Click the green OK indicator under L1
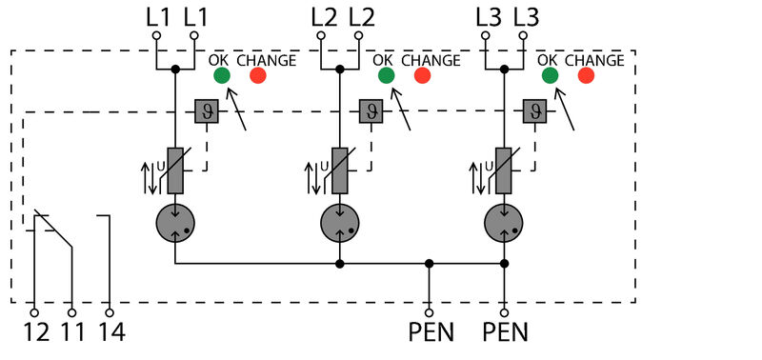(x=221, y=76)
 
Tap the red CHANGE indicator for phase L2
(x=422, y=76)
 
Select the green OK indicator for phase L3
(x=550, y=76)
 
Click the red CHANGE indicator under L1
(x=257, y=76)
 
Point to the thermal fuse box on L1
(x=206, y=112)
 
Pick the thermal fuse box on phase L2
(x=370, y=112)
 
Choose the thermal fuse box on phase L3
(x=534, y=112)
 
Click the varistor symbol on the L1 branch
(x=175, y=171)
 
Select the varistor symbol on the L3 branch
(x=503, y=171)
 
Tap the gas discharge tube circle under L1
(x=175, y=224)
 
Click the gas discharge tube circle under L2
(x=339, y=224)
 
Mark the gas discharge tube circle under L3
(x=503, y=224)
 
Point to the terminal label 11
(x=72, y=332)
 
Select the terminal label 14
(x=110, y=332)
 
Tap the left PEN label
(x=431, y=332)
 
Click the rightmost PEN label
(x=505, y=332)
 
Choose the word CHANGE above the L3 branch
(x=594, y=60)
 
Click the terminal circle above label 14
(x=110, y=311)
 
